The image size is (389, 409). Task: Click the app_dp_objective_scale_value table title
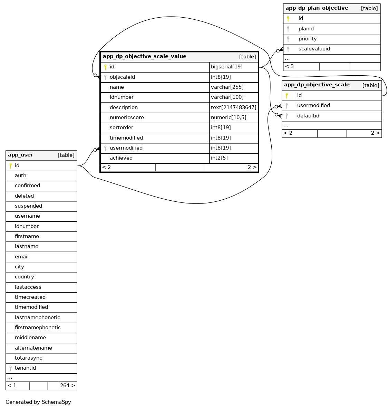[145, 57]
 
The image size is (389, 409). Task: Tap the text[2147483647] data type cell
[234, 107]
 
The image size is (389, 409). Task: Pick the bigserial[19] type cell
[227, 67]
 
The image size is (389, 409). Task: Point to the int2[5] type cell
[219, 158]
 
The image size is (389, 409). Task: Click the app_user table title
[21, 155]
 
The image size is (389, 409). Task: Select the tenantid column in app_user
[25, 368]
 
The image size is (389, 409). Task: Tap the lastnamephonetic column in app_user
[37, 318]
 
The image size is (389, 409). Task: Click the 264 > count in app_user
[67, 386]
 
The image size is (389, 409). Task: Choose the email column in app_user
[22, 257]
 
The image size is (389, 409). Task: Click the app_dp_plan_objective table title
[317, 8]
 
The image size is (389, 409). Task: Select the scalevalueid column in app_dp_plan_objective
[314, 49]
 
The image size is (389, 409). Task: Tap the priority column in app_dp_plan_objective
[308, 39]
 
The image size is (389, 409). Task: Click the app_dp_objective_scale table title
[317, 85]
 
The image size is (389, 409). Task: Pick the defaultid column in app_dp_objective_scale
[308, 116]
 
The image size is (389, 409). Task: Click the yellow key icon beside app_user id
[11, 166]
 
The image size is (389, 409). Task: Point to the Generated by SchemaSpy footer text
[38, 402]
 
